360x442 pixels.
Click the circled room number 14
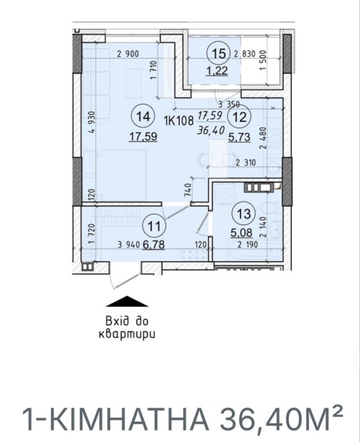click(x=143, y=117)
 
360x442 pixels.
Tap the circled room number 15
click(x=219, y=53)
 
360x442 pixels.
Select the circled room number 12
click(x=240, y=117)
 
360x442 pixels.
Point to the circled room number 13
click(x=243, y=214)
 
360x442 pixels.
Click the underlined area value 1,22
click(x=217, y=71)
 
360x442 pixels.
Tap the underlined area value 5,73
click(x=239, y=137)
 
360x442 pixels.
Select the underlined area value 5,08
click(x=241, y=233)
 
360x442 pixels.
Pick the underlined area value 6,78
click(x=154, y=244)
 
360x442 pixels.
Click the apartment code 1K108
click(x=179, y=121)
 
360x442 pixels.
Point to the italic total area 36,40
click(x=211, y=130)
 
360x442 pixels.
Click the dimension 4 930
click(x=92, y=123)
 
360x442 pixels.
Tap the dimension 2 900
click(x=128, y=53)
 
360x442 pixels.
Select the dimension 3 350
click(x=229, y=105)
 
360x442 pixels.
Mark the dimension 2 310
click(x=246, y=163)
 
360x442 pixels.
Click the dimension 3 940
click(x=129, y=245)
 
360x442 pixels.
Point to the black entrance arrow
click(x=127, y=301)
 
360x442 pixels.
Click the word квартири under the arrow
click(x=127, y=334)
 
